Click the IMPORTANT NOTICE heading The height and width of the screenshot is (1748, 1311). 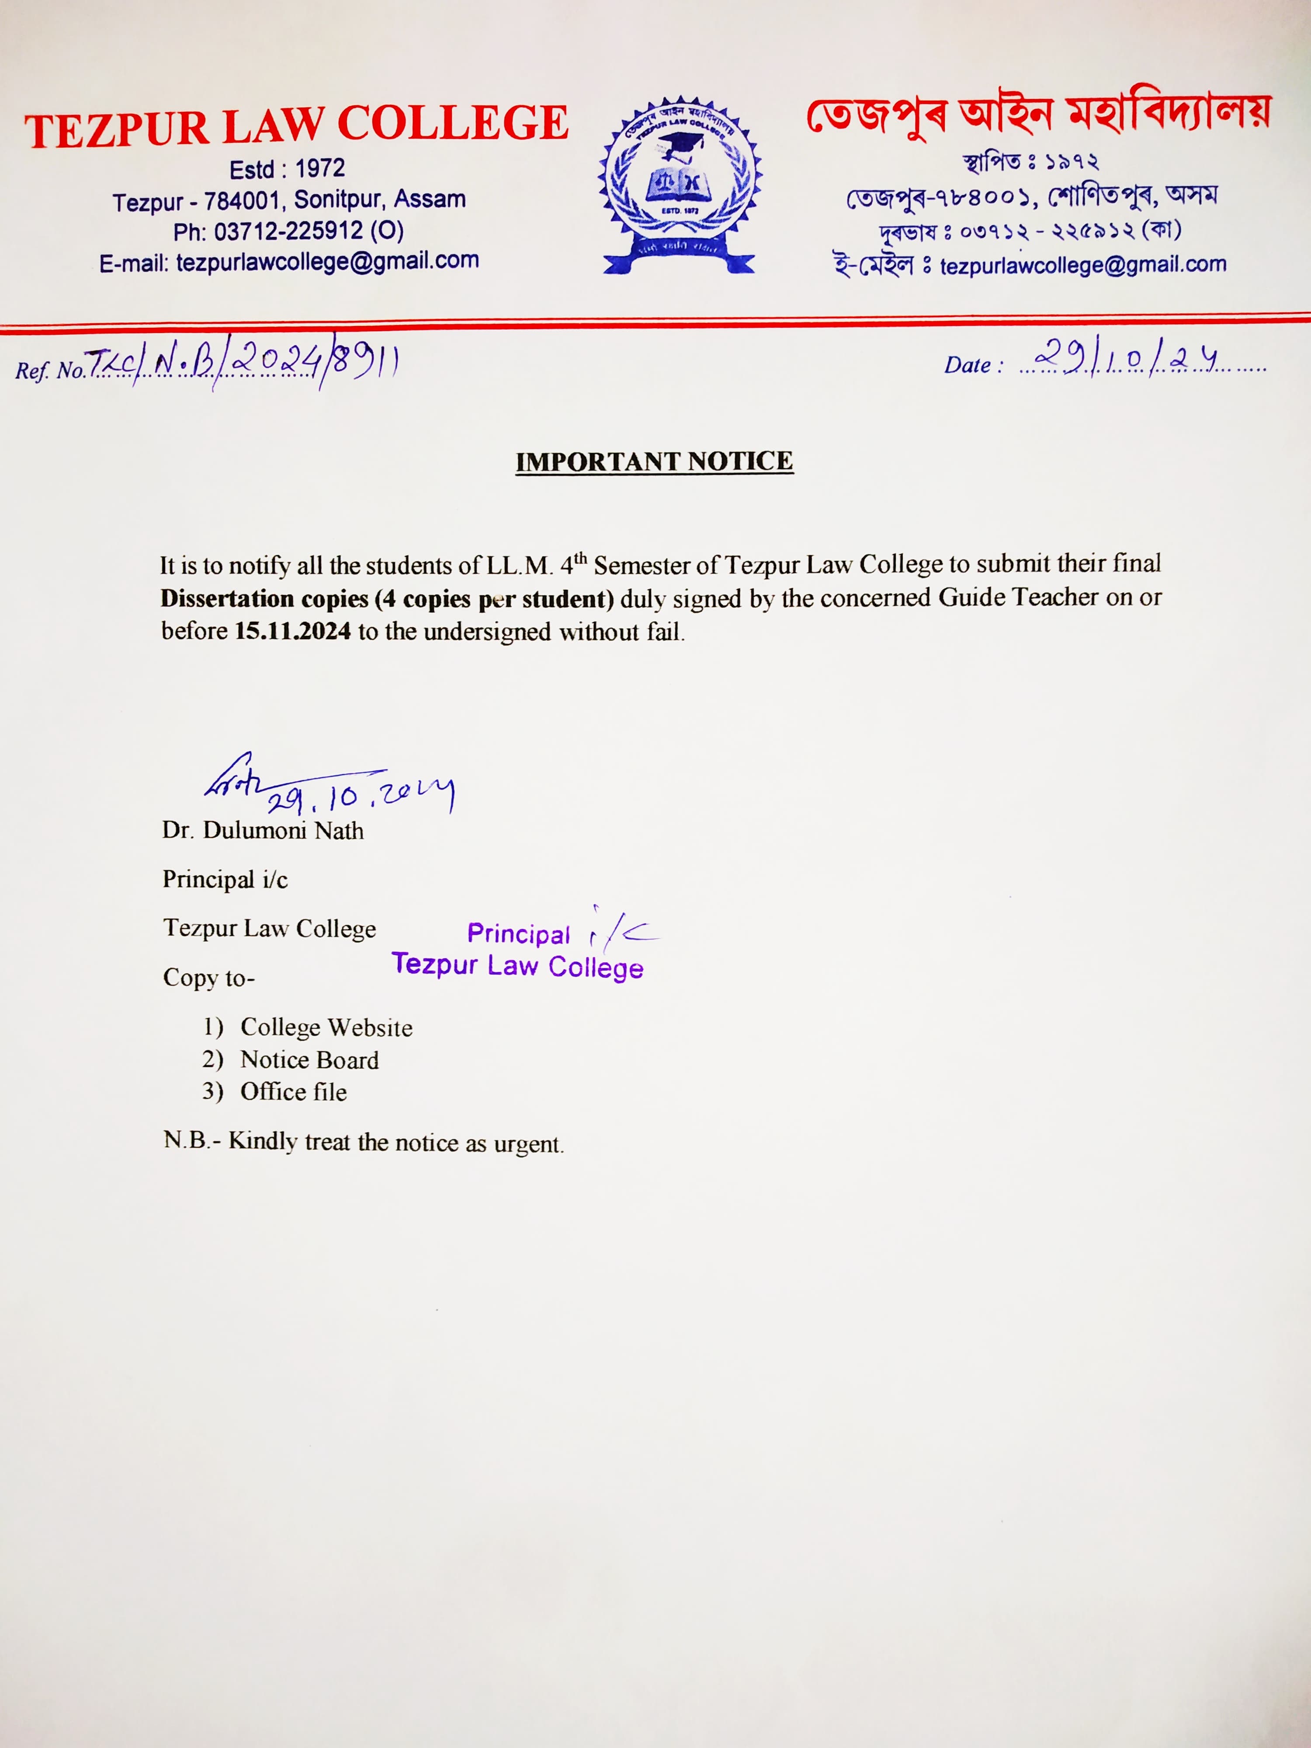click(x=654, y=461)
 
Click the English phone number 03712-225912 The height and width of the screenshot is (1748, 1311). click(x=288, y=232)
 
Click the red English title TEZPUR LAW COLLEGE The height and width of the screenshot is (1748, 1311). click(x=296, y=126)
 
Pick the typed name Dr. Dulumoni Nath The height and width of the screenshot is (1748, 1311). click(x=263, y=831)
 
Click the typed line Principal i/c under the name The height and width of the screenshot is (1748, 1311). click(x=225, y=880)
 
